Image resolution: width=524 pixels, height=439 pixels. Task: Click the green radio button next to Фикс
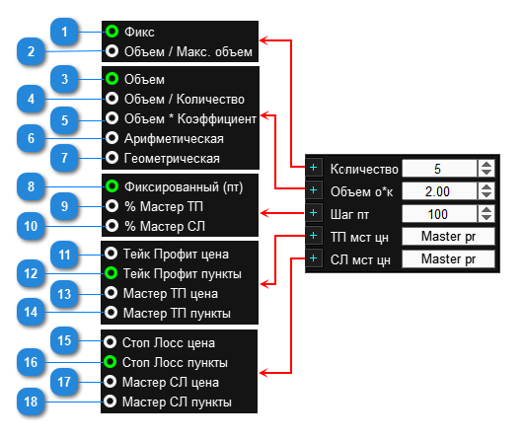pos(112,32)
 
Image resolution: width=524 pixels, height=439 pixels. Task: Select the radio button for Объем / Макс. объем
pos(112,51)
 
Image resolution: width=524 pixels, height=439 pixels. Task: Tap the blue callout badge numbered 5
pos(64,120)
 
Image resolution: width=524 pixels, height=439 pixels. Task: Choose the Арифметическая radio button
pos(112,138)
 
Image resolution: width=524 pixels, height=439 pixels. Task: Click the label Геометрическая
pos(172,159)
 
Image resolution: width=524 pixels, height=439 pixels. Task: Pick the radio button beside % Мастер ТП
pos(112,206)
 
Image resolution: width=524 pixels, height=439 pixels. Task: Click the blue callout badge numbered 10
pos(31,226)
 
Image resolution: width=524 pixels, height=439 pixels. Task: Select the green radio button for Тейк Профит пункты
pos(111,273)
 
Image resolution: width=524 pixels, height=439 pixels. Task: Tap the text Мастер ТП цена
pos(171,293)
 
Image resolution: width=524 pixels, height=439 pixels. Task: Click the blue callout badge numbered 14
pos(31,312)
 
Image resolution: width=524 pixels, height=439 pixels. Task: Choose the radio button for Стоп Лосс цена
pos(110,342)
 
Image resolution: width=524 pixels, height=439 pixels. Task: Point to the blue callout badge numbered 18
pos(31,402)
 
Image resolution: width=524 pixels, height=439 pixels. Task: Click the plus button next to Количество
pos(314,167)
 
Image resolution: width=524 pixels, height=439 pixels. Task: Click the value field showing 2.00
pos(439,191)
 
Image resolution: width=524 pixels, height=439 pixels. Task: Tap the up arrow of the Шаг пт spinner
pos(487,210)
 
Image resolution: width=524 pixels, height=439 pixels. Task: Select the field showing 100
pos(439,214)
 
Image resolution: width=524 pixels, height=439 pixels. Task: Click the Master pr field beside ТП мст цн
pos(448,236)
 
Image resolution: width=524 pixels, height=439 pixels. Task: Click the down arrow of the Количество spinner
pos(487,173)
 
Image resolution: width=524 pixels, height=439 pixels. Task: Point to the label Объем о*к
pos(361,191)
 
